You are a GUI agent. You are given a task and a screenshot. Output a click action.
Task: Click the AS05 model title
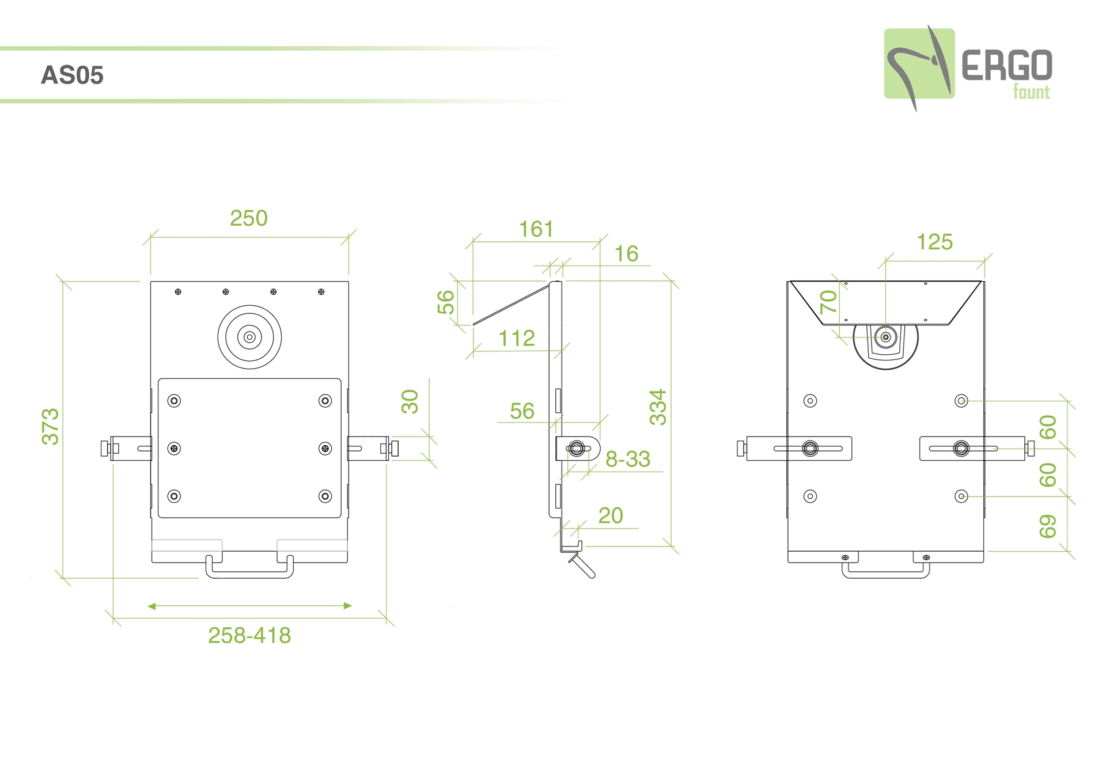[x=72, y=75]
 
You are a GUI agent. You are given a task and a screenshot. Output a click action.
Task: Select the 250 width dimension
[x=249, y=218]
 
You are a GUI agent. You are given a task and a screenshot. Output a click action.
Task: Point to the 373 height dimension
[x=50, y=426]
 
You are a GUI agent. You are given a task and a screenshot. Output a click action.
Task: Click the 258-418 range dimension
[x=249, y=635]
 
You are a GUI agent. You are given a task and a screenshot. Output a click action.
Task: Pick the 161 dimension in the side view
[x=536, y=229]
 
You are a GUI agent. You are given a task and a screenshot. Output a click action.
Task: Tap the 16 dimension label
[x=626, y=253]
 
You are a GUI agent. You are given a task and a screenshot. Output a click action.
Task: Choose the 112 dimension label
[x=517, y=338]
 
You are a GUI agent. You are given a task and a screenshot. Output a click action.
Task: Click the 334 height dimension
[x=658, y=407]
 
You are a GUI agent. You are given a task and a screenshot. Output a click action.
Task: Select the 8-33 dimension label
[x=628, y=459]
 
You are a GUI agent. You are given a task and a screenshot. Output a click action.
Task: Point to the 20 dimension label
[x=611, y=515]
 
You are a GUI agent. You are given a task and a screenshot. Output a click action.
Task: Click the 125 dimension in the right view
[x=934, y=242]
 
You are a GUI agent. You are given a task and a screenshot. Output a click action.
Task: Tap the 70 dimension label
[x=828, y=302]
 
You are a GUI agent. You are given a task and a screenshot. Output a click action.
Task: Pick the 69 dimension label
[x=1048, y=526]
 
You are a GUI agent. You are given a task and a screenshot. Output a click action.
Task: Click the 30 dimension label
[x=410, y=401]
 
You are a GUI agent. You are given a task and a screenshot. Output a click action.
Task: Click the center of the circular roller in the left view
[x=249, y=337]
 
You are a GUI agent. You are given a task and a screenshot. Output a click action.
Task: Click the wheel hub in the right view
[x=886, y=337]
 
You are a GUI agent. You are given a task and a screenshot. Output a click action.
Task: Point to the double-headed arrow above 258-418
[x=249, y=606]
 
